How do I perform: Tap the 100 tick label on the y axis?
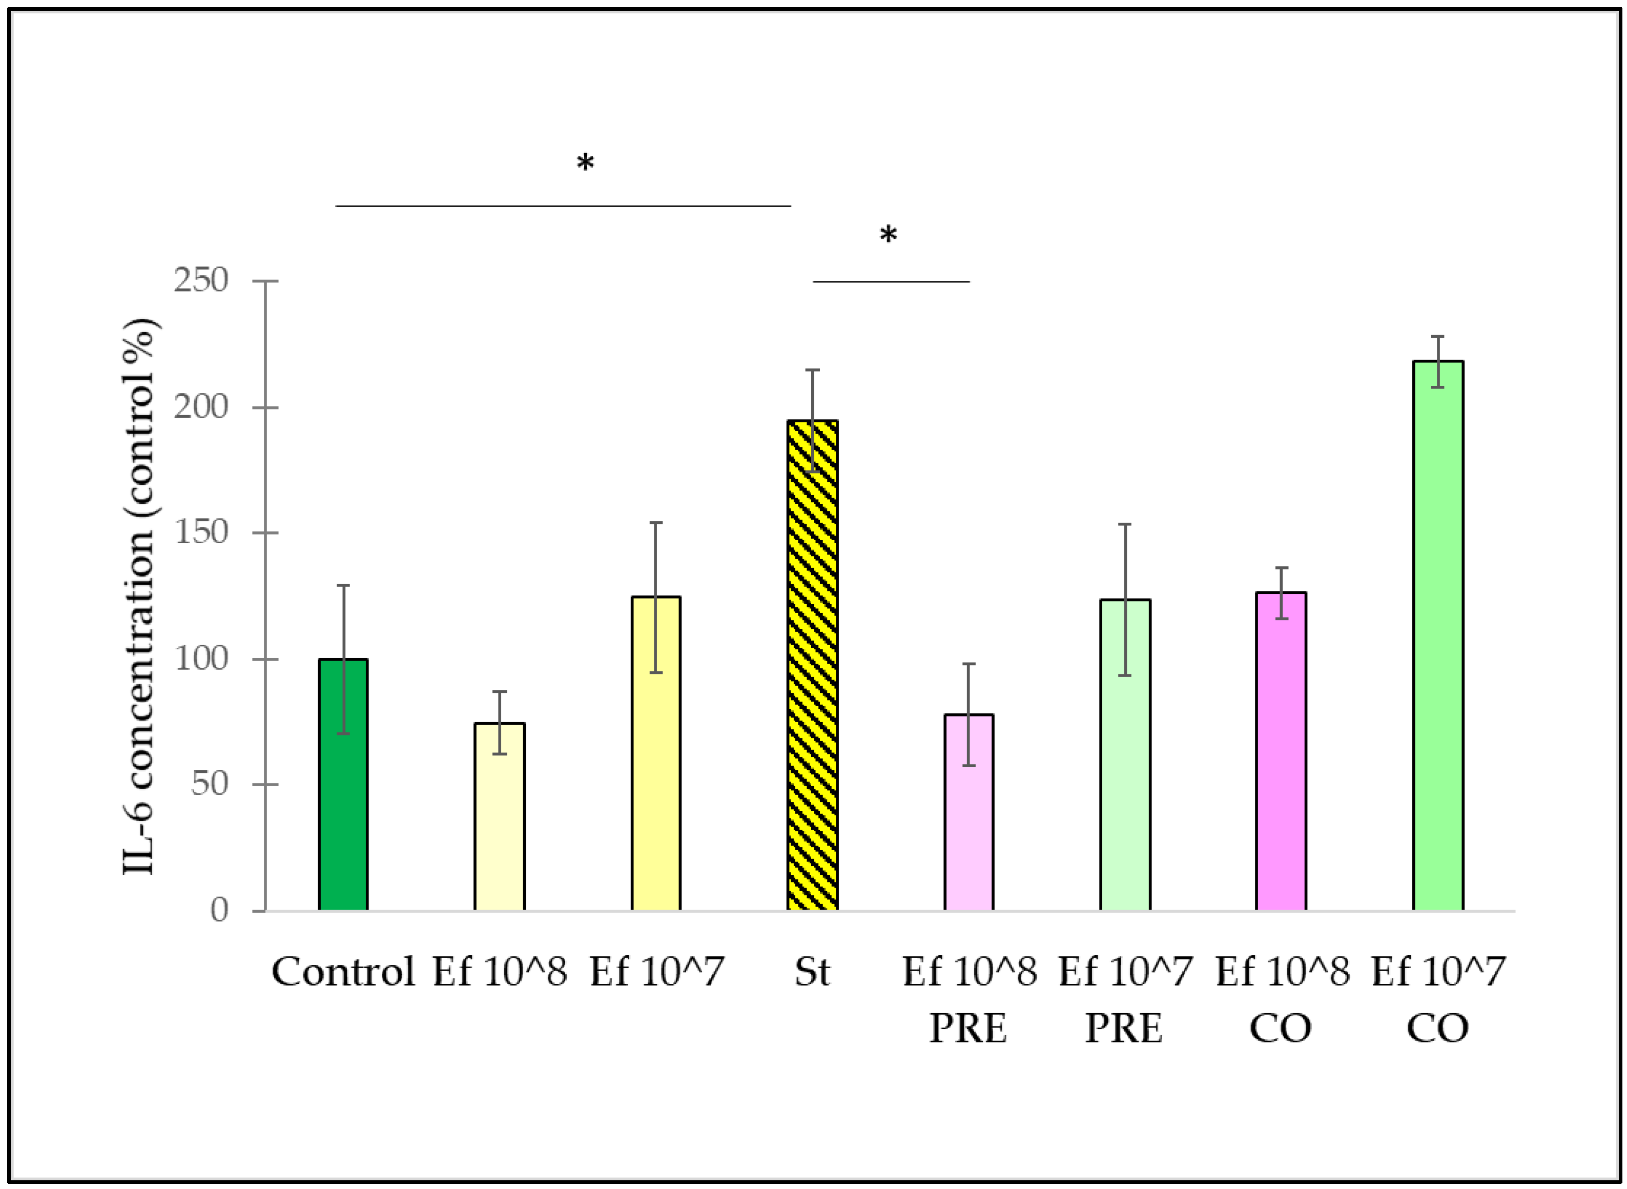[201, 659]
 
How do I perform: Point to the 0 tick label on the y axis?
[219, 911]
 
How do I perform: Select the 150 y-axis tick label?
[201, 532]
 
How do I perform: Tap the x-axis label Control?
[343, 972]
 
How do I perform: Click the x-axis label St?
[812, 972]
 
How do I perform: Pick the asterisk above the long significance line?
[585, 164]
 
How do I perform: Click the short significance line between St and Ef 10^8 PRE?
[891, 281]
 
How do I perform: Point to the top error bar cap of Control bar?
[343, 585]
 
